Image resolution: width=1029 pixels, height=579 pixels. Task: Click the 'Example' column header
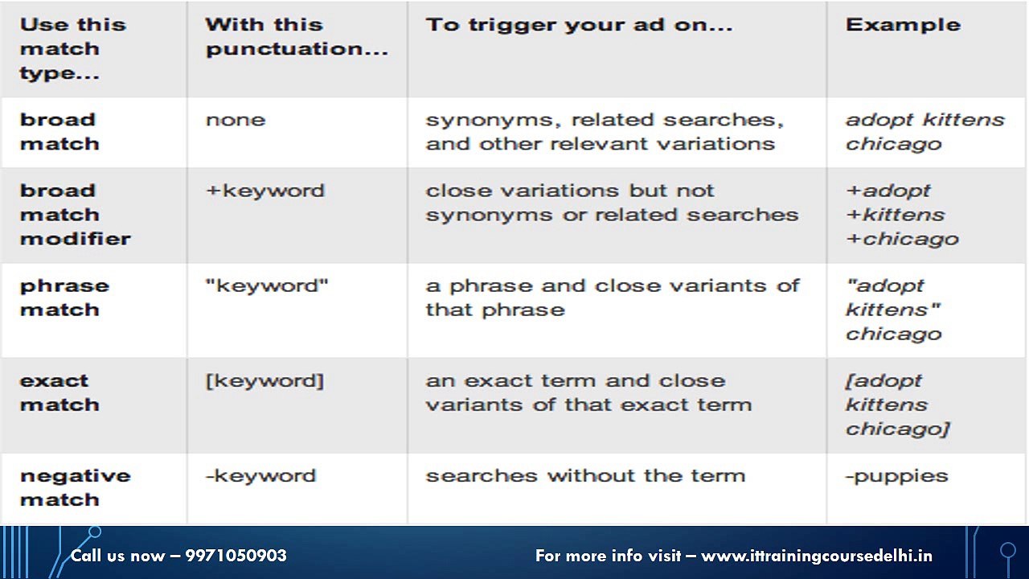click(x=903, y=25)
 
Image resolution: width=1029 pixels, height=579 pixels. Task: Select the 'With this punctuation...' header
click(x=297, y=37)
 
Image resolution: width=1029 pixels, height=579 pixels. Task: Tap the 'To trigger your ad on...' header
click(x=579, y=26)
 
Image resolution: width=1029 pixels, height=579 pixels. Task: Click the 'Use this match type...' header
click(x=72, y=49)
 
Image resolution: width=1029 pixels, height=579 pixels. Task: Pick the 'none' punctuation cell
click(x=236, y=120)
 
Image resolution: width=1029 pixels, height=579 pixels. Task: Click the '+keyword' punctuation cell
click(x=265, y=191)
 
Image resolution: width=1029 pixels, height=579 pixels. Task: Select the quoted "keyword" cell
click(x=267, y=285)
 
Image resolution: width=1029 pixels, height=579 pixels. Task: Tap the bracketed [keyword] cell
click(x=264, y=381)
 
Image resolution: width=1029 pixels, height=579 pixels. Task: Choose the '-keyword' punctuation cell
click(x=261, y=476)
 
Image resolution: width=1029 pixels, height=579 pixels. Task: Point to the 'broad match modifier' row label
click(x=76, y=215)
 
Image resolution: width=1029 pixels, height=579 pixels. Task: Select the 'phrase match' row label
click(x=65, y=298)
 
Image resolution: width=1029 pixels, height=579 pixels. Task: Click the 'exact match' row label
click(x=59, y=393)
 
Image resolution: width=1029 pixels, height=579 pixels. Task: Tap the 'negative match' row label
click(x=76, y=487)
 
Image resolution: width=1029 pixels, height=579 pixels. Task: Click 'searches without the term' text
click(x=585, y=475)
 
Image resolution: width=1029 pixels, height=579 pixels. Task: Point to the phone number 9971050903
click(x=236, y=556)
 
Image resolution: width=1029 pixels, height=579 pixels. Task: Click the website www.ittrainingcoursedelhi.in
click(x=817, y=556)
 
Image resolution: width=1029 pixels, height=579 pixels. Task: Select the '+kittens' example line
click(x=896, y=215)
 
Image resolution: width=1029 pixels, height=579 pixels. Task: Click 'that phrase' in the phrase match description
click(x=495, y=310)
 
